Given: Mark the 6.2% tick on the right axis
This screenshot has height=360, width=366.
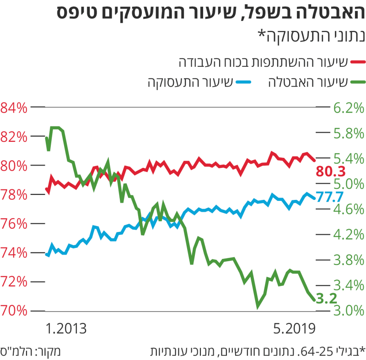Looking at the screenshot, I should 348,108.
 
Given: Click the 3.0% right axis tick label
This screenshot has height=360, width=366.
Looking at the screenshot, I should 348,311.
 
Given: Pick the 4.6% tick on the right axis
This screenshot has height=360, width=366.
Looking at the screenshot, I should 348,210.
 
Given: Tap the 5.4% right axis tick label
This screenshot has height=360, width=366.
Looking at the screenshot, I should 348,159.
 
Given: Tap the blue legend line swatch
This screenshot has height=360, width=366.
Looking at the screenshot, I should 242,83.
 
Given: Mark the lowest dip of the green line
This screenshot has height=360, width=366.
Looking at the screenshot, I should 258,306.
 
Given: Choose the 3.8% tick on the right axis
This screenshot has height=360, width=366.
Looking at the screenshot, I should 348,260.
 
